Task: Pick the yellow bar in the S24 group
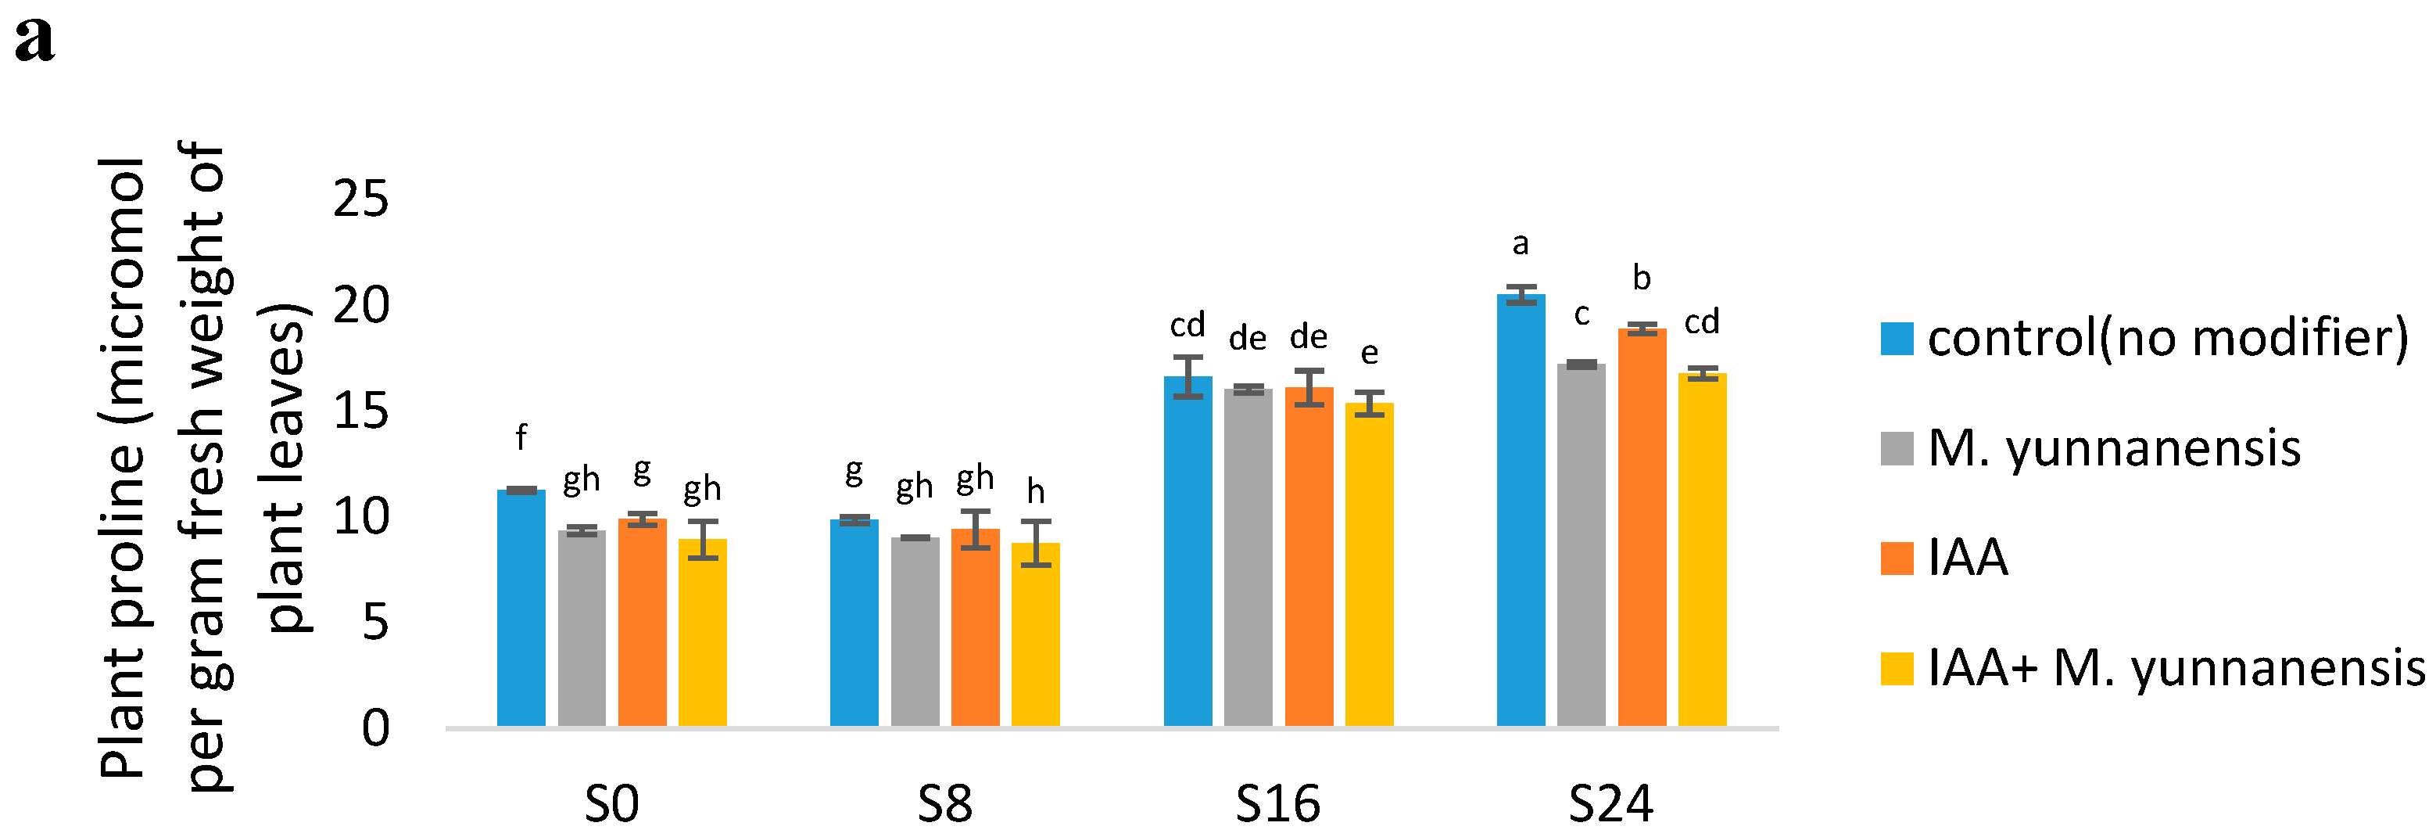(1702, 549)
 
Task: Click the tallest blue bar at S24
(1521, 510)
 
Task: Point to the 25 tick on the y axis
(360, 199)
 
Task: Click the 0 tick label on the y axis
(375, 728)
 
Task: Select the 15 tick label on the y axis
(360, 411)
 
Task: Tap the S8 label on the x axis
(944, 804)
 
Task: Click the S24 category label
(1610, 804)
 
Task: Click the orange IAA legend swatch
(1897, 558)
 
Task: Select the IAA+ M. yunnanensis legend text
(2176, 668)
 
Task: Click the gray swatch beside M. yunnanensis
(1897, 448)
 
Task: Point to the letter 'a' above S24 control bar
(1521, 245)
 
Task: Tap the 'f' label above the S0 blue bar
(521, 437)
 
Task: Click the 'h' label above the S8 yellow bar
(1036, 492)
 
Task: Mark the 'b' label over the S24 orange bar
(1642, 278)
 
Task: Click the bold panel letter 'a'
(35, 40)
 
